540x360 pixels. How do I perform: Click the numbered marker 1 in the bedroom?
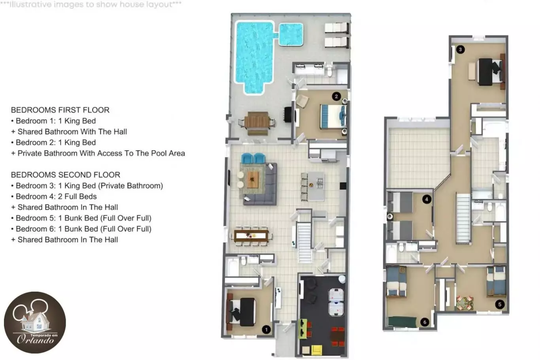[x=266, y=330]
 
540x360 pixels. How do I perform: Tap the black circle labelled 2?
[x=336, y=97]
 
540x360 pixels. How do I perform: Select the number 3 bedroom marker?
[x=461, y=50]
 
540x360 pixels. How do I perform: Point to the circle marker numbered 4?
[x=427, y=199]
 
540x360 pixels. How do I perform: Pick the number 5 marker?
[x=500, y=304]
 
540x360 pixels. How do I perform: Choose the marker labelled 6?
[x=425, y=322]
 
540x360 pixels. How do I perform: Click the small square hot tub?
[x=291, y=34]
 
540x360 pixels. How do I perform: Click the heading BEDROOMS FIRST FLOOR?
[x=60, y=110]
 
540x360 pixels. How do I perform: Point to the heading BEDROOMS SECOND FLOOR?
[x=65, y=175]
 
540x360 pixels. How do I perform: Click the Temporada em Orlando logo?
[x=35, y=322]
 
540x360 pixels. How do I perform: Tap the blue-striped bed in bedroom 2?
[x=333, y=117]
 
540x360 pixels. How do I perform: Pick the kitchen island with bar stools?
[x=313, y=186]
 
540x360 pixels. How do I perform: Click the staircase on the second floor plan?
[x=463, y=218]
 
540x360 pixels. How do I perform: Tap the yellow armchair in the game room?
[x=317, y=350]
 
